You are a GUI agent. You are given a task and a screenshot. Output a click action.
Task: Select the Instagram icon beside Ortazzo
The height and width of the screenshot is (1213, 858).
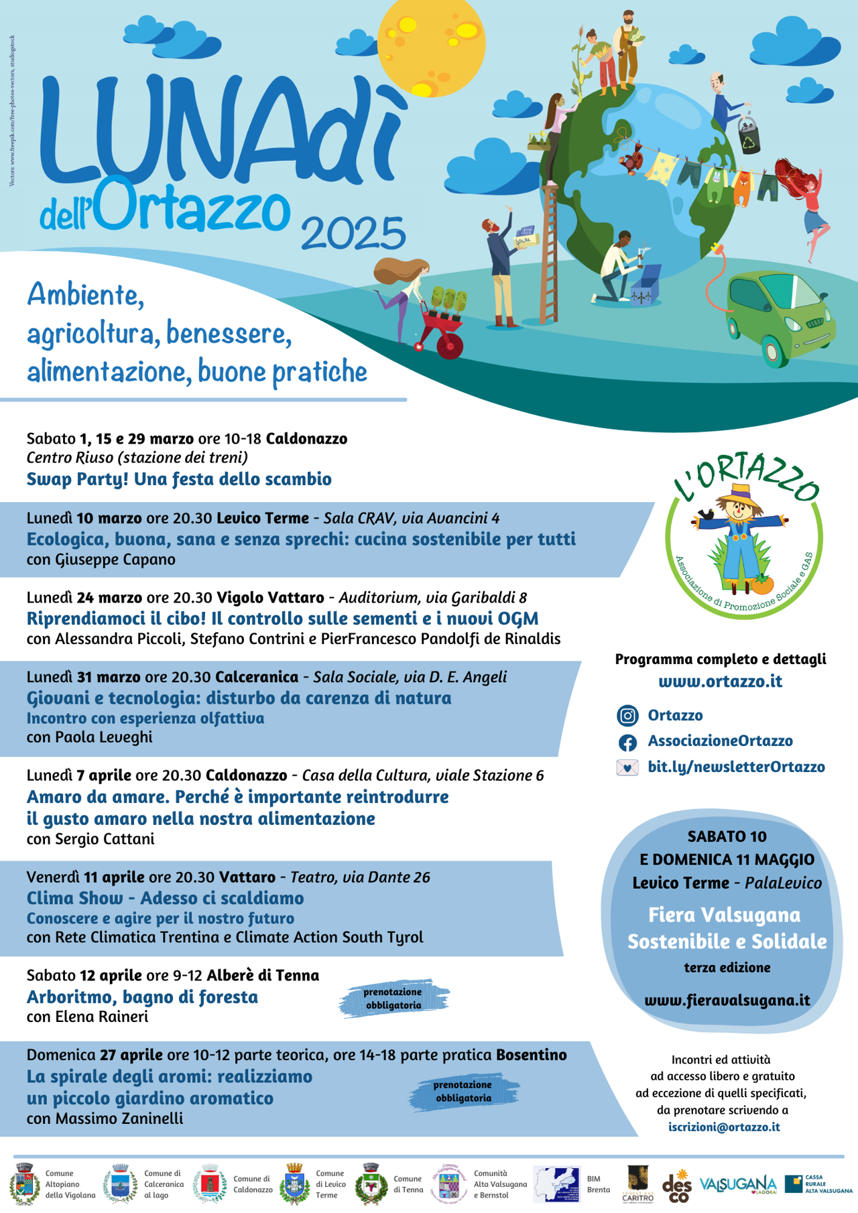click(627, 716)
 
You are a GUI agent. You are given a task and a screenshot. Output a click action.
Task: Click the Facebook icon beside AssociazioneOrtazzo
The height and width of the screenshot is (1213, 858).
click(627, 742)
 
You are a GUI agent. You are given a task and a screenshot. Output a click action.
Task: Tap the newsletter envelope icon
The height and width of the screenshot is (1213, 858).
click(627, 767)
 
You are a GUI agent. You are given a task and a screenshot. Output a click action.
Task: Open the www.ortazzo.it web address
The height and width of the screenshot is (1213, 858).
click(720, 682)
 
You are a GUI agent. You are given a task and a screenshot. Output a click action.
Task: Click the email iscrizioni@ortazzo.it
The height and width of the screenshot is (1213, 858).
click(724, 1127)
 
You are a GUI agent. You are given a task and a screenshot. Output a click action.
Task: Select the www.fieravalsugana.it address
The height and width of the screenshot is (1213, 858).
click(727, 1001)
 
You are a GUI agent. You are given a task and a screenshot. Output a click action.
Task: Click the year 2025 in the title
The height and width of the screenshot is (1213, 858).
click(353, 233)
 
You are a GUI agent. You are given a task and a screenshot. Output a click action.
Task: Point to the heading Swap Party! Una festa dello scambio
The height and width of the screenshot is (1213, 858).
click(179, 479)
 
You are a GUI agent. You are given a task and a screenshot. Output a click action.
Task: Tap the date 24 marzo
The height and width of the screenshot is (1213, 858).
click(109, 597)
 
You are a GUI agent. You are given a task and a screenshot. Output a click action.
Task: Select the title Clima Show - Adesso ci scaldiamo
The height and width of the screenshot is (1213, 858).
click(165, 898)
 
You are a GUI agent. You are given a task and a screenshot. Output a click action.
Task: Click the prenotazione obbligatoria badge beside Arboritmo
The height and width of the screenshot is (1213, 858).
click(393, 999)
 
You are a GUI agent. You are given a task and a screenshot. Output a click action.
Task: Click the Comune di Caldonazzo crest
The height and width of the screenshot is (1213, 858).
click(210, 1184)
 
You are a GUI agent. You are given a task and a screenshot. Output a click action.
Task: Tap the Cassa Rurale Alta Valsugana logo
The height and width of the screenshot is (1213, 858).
click(818, 1184)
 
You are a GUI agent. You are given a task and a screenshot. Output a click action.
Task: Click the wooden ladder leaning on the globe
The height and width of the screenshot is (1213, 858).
click(550, 251)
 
